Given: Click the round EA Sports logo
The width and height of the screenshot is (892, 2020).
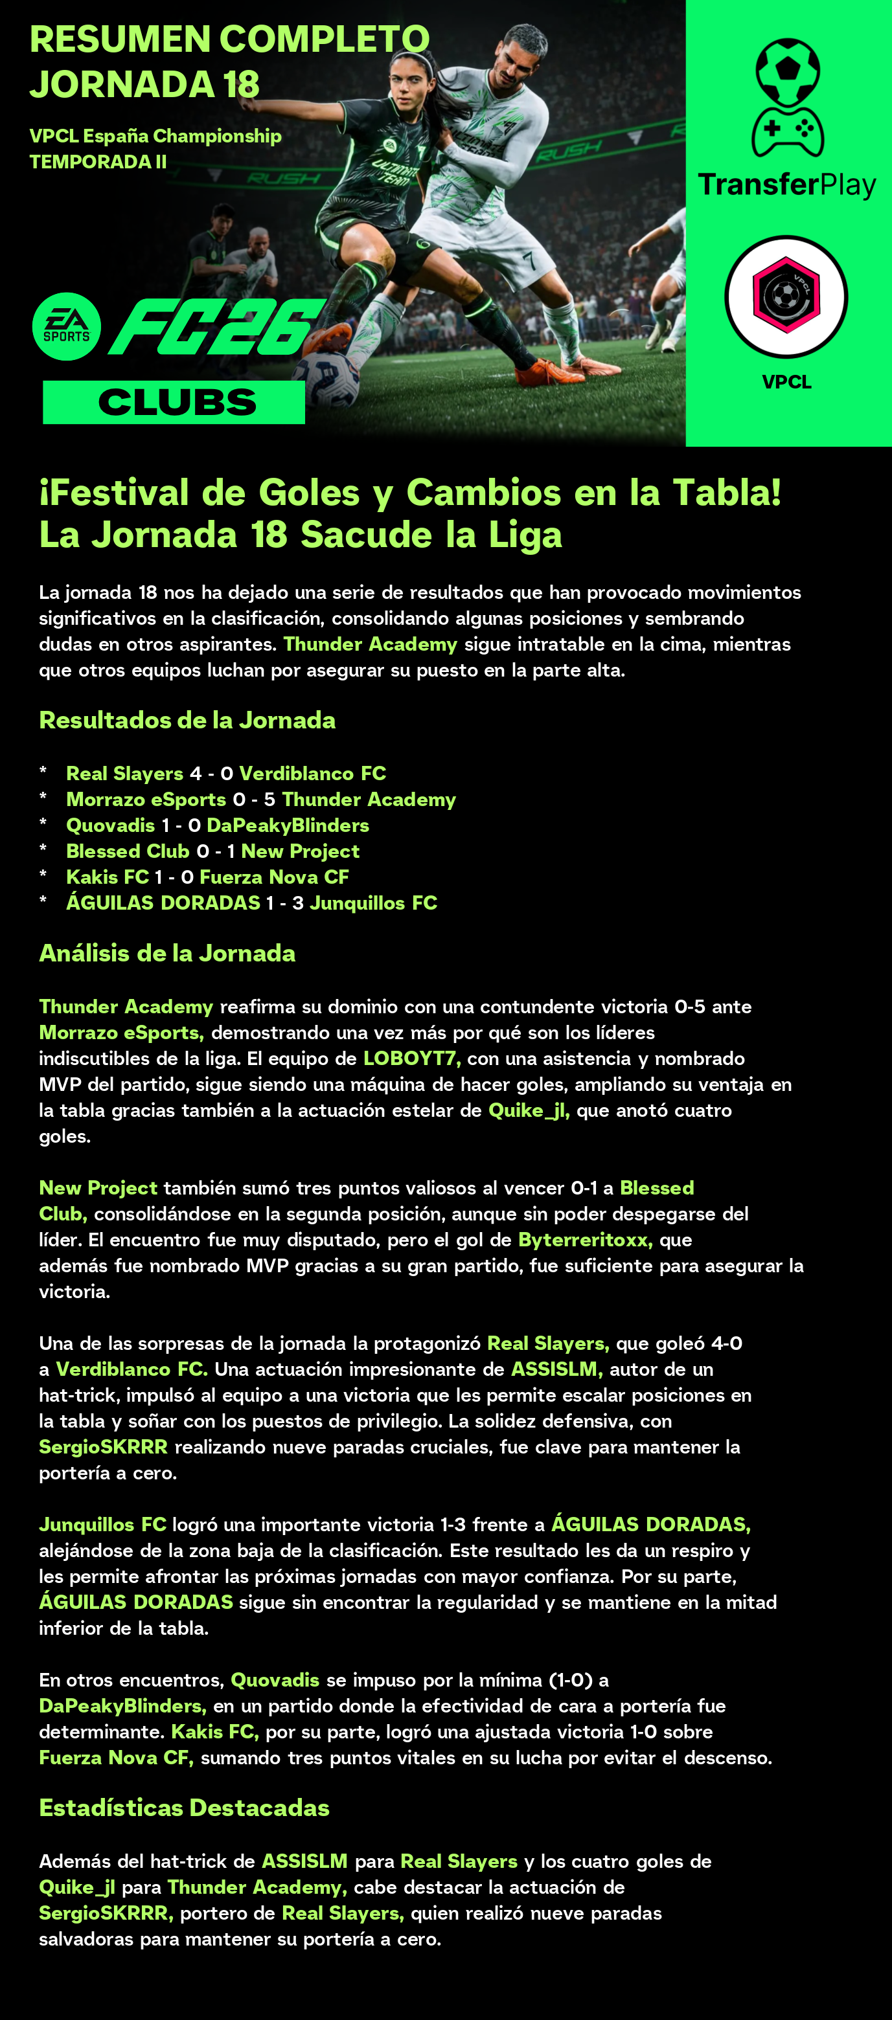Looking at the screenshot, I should [67, 326].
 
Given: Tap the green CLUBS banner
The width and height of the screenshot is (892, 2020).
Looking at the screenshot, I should [174, 402].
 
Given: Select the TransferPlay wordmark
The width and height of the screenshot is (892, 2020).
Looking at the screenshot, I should [787, 185].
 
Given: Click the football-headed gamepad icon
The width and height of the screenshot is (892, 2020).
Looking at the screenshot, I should [788, 97].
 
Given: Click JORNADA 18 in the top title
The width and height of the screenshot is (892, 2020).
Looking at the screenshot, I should [144, 85].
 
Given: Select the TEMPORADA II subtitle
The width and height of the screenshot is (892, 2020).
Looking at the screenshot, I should [98, 162].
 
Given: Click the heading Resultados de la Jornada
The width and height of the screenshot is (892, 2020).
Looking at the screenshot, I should [187, 720].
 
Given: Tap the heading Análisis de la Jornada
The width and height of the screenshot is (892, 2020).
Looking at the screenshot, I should [167, 953].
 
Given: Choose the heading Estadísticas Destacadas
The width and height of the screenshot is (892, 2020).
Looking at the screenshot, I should [185, 1808].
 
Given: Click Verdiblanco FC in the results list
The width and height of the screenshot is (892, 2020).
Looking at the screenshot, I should [312, 773].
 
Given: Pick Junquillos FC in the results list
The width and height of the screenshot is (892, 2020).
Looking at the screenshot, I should [373, 903].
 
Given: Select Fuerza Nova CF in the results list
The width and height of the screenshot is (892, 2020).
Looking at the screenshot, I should [274, 877].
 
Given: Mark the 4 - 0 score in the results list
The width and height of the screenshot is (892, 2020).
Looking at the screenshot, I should [211, 773].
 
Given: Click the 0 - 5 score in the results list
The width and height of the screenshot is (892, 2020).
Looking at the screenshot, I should [253, 799].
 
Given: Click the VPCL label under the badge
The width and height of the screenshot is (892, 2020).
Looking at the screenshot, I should [787, 382].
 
